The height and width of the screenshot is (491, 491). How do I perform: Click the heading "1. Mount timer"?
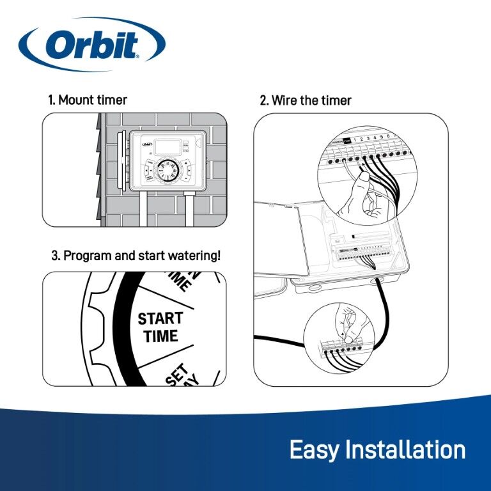(x=88, y=100)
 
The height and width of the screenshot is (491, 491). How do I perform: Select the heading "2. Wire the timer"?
(x=305, y=100)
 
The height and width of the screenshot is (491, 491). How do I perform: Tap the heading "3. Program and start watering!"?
(x=136, y=256)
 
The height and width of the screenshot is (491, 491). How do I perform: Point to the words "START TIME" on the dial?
(x=160, y=327)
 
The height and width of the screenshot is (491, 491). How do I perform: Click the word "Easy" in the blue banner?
(x=315, y=449)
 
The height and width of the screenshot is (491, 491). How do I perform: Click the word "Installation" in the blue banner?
(x=405, y=449)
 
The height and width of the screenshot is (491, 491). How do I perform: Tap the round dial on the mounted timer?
(x=169, y=171)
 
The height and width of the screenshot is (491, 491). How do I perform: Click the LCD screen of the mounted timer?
(x=165, y=144)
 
